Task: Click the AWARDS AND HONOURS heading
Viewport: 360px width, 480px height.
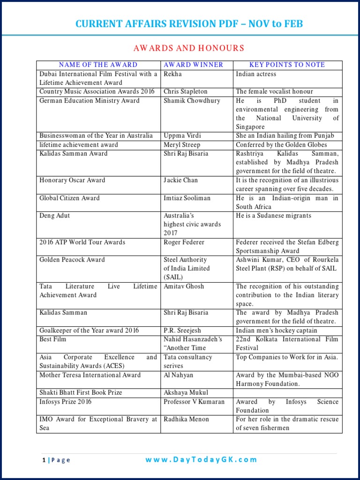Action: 189,48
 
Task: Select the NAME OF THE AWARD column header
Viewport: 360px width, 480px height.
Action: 98,65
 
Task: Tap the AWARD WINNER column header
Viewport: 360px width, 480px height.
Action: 193,65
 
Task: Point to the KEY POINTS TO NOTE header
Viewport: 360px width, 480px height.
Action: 287,65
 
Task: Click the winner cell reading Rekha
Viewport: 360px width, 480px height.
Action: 172,74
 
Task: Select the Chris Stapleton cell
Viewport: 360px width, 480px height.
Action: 185,91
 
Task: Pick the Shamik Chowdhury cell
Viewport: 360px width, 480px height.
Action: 192,100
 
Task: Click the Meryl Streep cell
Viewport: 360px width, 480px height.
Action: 182,144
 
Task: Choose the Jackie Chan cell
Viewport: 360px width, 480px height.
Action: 180,180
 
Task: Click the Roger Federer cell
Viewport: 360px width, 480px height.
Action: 184,242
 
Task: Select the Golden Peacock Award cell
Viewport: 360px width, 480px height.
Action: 72,260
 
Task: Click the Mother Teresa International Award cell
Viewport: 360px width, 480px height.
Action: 90,375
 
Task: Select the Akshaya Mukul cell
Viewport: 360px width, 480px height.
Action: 186,393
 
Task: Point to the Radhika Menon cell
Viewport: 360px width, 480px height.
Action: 186,419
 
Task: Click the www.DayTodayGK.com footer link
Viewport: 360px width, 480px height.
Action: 201,460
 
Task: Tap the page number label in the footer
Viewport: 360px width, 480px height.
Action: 56,460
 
